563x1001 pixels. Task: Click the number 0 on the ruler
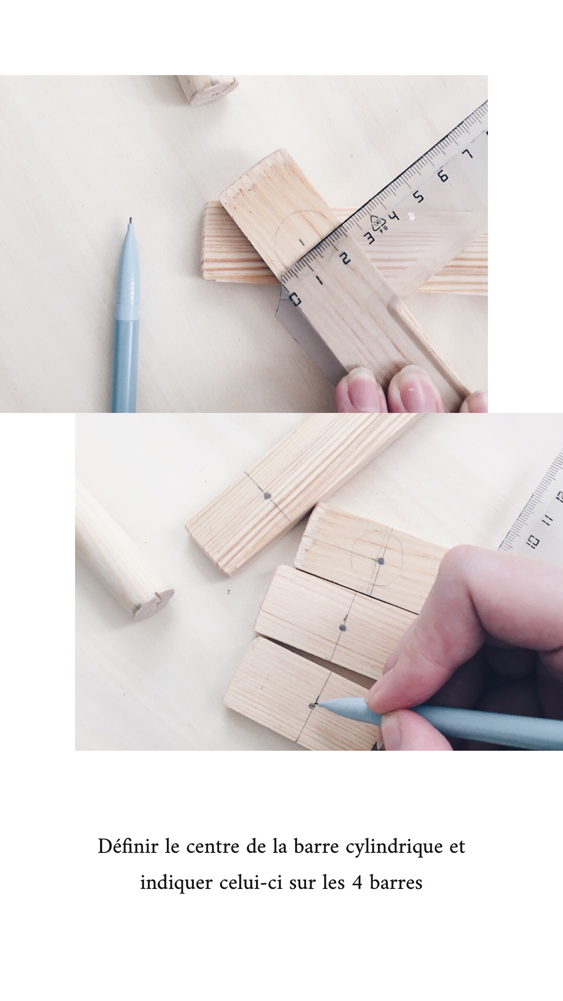pos(295,300)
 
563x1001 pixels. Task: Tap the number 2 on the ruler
pos(345,258)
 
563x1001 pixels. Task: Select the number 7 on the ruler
pos(468,155)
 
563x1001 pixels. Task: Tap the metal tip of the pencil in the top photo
pos(130,221)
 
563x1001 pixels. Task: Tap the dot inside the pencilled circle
pos(380,561)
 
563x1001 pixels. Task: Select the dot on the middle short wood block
pos(342,627)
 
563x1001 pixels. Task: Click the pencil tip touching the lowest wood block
pos(314,704)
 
